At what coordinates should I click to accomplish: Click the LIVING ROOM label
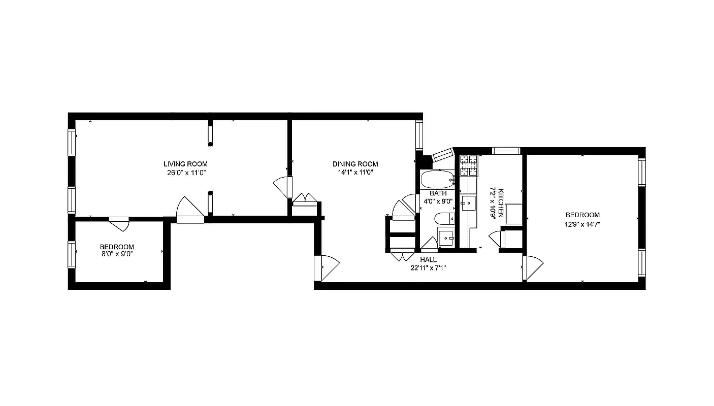pyautogui.click(x=185, y=164)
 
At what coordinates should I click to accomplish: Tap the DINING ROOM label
pyautogui.click(x=355, y=164)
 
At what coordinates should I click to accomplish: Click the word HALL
pyautogui.click(x=428, y=259)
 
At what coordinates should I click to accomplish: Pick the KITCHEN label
pyautogui.click(x=501, y=203)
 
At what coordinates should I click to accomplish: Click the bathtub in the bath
pyautogui.click(x=437, y=179)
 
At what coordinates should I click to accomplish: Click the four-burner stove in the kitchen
pyautogui.click(x=469, y=165)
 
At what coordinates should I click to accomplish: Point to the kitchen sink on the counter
pyautogui.click(x=468, y=203)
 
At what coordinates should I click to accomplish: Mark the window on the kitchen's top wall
pyautogui.click(x=506, y=150)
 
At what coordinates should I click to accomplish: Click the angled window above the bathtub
pyautogui.click(x=442, y=155)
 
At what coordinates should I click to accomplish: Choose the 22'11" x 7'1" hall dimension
pyautogui.click(x=428, y=268)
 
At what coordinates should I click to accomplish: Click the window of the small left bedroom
pyautogui.click(x=72, y=254)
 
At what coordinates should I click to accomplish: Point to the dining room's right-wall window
pyautogui.click(x=419, y=135)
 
